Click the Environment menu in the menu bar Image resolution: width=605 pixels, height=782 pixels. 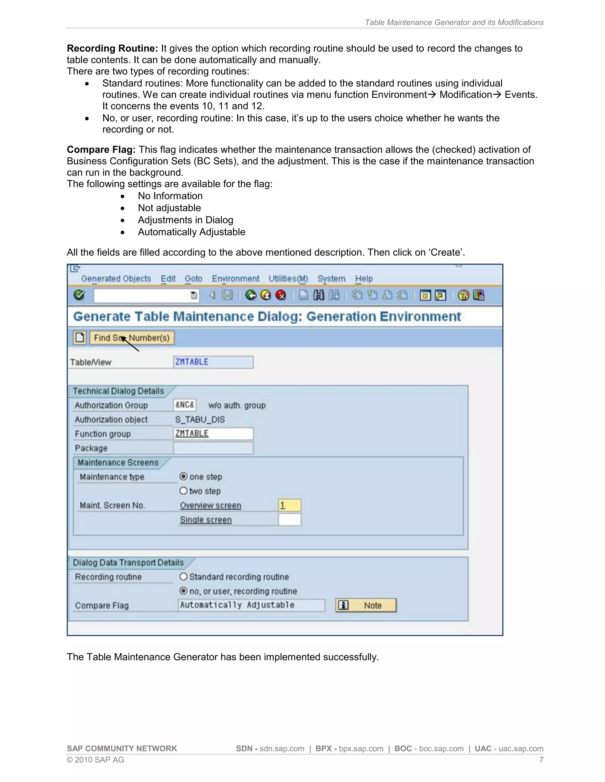[235, 279]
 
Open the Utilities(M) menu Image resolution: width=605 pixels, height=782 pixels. [288, 279]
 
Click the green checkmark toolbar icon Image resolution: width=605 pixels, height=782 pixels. [79, 295]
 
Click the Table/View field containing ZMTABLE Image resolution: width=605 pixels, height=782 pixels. [213, 362]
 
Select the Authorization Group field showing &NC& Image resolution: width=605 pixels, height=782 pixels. [185, 405]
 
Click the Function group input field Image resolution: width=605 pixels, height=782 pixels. [213, 433]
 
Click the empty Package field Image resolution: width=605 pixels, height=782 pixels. [213, 448]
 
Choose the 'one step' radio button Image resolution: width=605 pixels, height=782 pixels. [183, 477]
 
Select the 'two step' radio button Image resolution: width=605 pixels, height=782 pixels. [183, 491]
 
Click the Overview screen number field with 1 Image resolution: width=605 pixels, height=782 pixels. [290, 505]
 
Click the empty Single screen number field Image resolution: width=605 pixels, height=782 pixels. [290, 520]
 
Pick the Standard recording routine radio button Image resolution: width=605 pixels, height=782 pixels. [183, 577]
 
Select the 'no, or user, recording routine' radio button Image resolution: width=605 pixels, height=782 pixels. [183, 591]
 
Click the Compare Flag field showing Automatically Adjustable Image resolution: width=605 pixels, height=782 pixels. [251, 605]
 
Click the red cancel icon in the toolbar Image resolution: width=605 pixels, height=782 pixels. [281, 295]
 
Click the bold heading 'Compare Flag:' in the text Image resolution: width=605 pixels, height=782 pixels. [101, 150]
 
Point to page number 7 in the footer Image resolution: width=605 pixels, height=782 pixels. [541, 760]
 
